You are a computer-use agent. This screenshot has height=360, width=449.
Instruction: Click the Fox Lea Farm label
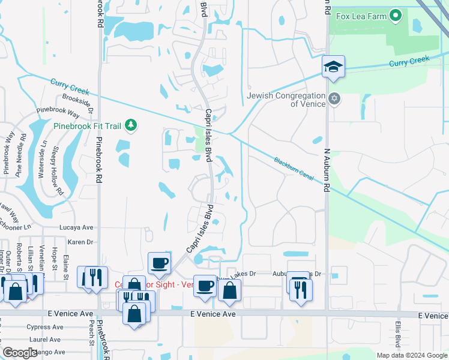[x=361, y=17]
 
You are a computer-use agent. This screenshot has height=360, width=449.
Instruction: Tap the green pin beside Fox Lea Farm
[x=396, y=16]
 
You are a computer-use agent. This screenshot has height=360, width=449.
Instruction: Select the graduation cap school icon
[x=333, y=67]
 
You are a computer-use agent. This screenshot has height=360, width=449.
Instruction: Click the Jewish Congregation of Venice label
[x=287, y=99]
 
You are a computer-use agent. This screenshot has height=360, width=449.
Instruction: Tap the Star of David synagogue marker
[x=335, y=98]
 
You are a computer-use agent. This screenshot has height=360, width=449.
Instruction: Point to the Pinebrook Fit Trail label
[x=88, y=126]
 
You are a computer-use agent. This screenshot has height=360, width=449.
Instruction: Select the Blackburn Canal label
[x=295, y=169]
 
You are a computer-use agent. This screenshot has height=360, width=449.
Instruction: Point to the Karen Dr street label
[x=80, y=242]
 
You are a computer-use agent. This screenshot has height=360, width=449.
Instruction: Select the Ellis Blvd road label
[x=397, y=334]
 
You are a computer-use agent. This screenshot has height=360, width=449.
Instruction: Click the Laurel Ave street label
[x=45, y=339]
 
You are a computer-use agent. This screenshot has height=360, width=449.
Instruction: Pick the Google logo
[x=20, y=353]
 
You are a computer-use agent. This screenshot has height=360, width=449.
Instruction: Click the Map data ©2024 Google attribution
[x=412, y=355]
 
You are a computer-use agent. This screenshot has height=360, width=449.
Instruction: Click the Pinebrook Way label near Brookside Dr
[x=58, y=112]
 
